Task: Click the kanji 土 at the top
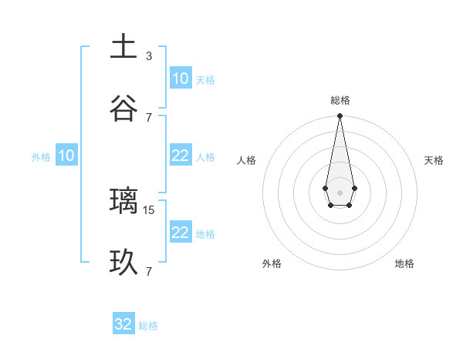(x=123, y=47)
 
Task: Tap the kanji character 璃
(x=123, y=201)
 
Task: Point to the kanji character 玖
(x=123, y=263)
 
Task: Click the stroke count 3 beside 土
(x=149, y=55)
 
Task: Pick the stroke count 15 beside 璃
(x=150, y=209)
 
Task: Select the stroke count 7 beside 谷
(x=149, y=117)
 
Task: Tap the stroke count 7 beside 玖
(x=149, y=271)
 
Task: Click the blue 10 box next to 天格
(x=181, y=79)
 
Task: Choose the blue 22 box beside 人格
(x=181, y=156)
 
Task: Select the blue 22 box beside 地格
(x=181, y=233)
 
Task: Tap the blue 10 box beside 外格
(x=66, y=156)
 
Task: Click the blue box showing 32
(x=123, y=324)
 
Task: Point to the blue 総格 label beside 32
(x=148, y=326)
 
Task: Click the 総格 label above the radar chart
(x=340, y=100)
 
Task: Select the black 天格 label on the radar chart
(x=434, y=160)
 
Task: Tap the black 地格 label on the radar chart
(x=404, y=263)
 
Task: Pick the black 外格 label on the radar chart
(x=272, y=263)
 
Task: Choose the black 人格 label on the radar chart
(x=246, y=160)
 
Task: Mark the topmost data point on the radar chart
(x=340, y=116)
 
